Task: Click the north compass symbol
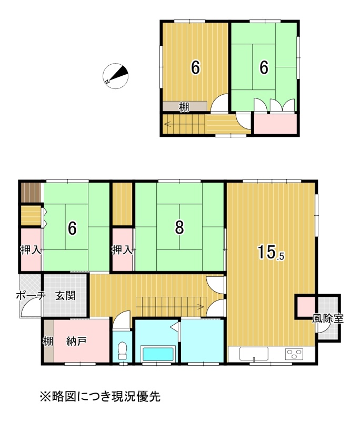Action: (115, 76)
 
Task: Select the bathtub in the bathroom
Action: (158, 354)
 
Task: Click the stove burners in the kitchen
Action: (294, 354)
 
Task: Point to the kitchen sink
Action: (254, 354)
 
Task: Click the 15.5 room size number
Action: (271, 253)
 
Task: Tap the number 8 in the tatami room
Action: (179, 227)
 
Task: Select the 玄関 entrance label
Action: (65, 296)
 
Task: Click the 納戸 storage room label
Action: (76, 341)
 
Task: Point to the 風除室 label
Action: (327, 318)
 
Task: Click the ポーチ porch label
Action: (31, 296)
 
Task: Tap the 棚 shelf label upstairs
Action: (184, 107)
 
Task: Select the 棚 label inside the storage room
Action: (48, 342)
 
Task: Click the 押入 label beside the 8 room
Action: (122, 249)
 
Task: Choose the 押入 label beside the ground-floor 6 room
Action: (31, 250)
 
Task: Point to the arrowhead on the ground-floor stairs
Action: (201, 306)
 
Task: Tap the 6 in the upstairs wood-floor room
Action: (195, 67)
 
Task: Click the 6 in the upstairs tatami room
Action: (264, 67)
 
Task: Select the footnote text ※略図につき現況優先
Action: (100, 396)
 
